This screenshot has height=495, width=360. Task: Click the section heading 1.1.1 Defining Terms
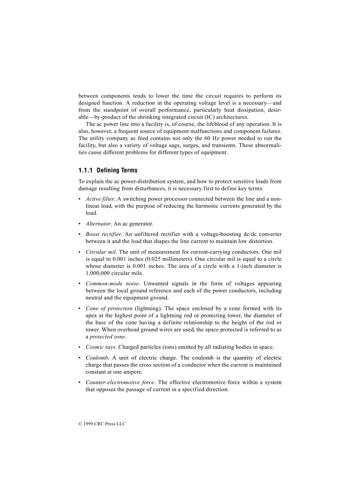pos(108,170)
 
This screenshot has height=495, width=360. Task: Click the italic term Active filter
pos(100,199)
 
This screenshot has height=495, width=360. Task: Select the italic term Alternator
pos(98,223)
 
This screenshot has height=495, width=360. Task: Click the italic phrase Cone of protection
pos(109,308)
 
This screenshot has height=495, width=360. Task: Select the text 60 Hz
pos(208,138)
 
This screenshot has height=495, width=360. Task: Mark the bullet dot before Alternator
pos(80,223)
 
